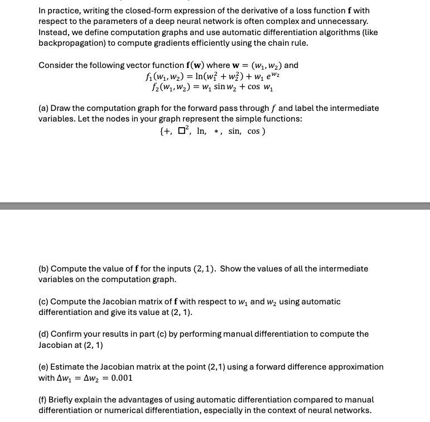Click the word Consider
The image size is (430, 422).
(x=56, y=65)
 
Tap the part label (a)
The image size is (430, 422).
(x=44, y=108)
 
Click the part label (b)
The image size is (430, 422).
(x=44, y=269)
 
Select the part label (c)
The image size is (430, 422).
(x=44, y=302)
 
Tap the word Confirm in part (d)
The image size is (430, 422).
(x=69, y=334)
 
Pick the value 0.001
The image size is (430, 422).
(x=122, y=377)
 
